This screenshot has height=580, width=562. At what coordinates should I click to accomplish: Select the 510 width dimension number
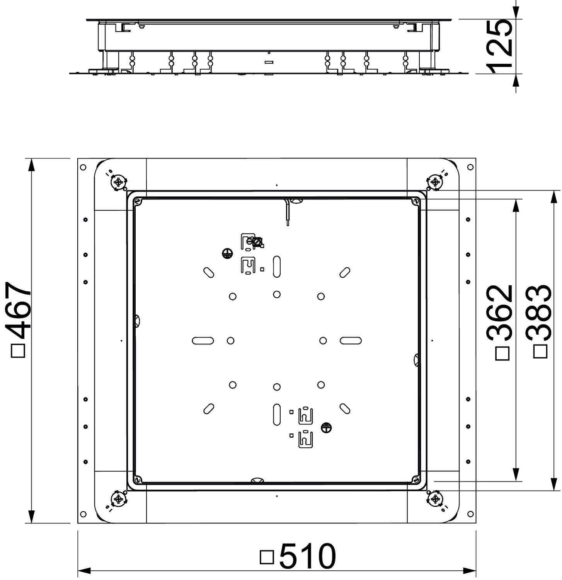(x=307, y=556)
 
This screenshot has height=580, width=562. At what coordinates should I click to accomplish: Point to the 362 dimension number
(x=500, y=313)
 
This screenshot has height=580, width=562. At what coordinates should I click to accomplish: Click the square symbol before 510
(x=267, y=557)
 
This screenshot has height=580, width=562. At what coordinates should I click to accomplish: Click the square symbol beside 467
(x=18, y=351)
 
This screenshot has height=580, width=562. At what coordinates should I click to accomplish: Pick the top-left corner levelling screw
(x=119, y=182)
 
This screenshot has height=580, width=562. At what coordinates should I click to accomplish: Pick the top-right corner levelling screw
(x=435, y=182)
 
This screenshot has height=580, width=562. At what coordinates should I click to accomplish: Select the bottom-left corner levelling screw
(x=119, y=499)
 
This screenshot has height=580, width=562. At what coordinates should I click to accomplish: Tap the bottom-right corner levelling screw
(x=435, y=499)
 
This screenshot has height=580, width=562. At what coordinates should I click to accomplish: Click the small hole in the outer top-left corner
(x=83, y=167)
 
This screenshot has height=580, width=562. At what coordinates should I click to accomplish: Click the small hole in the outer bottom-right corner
(x=470, y=514)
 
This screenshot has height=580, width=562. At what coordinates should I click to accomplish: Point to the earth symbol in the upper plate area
(x=228, y=254)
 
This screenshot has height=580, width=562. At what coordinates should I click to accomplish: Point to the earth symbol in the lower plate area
(x=326, y=428)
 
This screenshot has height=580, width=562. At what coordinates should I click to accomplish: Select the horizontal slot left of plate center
(x=203, y=341)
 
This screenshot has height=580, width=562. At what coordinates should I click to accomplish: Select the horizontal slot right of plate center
(x=351, y=341)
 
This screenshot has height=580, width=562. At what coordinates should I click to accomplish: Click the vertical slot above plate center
(x=277, y=266)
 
